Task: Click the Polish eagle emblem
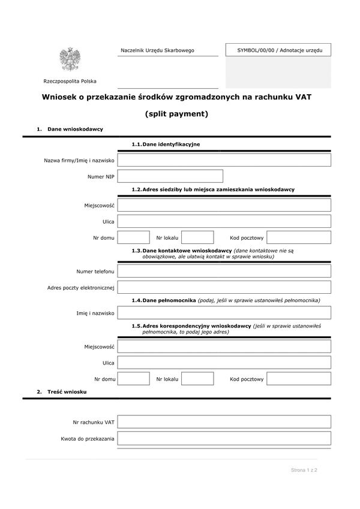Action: point(70,59)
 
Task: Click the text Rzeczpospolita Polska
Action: point(70,82)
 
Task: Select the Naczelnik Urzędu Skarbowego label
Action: point(157,51)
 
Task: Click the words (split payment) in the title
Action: point(176,113)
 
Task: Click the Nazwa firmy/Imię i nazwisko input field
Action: point(224,160)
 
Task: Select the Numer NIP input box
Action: point(170,176)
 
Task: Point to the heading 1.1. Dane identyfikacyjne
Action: point(166,144)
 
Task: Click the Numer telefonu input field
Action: point(224,271)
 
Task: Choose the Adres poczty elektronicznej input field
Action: point(224,287)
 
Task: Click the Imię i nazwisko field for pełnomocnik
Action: point(224,313)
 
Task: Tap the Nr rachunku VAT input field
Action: point(224,422)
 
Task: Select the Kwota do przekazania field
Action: point(224,439)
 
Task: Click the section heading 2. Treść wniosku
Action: point(62,391)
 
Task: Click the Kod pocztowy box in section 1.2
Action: point(299,237)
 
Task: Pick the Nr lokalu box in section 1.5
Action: point(197,379)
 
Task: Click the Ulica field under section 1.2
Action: point(224,221)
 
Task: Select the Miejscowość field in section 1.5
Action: point(224,347)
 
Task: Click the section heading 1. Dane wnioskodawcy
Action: point(70,129)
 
